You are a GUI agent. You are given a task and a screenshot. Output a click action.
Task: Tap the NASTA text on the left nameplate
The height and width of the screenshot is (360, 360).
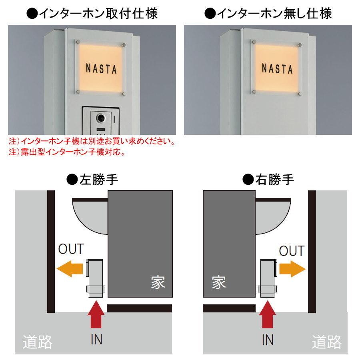point(101,69)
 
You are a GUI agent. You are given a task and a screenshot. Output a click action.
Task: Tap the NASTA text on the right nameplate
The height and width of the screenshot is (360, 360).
point(277,68)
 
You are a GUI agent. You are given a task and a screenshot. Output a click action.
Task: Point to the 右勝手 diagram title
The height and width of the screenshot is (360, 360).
point(269,180)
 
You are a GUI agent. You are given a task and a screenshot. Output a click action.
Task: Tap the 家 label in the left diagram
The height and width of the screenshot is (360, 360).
point(158,282)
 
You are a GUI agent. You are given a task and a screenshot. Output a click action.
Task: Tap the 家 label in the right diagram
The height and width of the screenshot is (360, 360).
point(219,282)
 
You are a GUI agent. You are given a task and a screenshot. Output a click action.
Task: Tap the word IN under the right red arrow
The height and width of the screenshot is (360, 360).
point(267,340)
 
